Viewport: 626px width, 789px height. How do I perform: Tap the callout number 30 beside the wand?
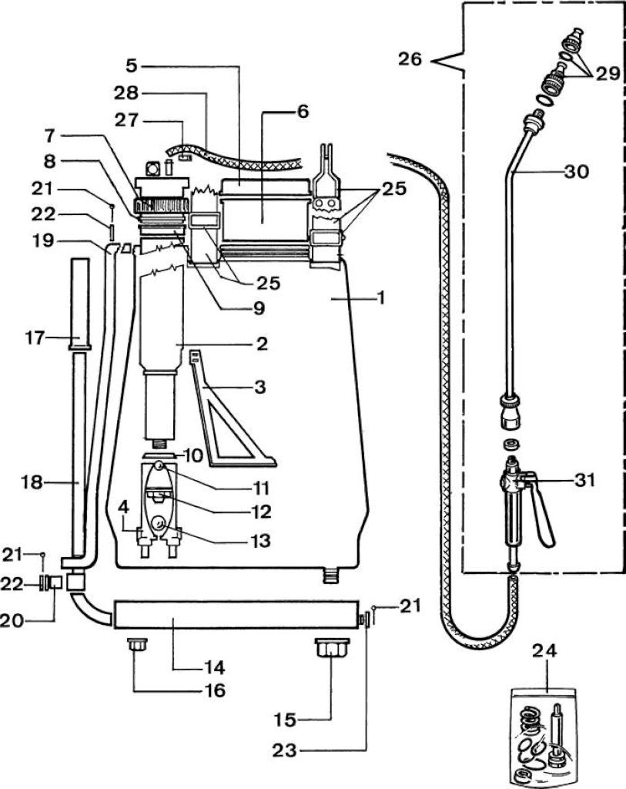coord(576,172)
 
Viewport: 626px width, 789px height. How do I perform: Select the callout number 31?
coord(584,479)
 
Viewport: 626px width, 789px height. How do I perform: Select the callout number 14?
coord(214,668)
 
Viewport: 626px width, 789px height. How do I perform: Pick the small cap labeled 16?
coord(137,645)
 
